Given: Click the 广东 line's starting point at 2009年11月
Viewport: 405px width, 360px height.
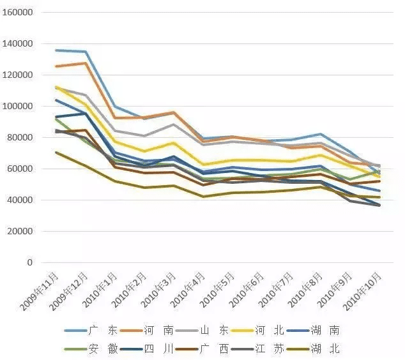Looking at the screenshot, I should click(x=56, y=50).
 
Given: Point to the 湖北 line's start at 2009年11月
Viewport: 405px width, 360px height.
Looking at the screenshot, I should click(x=56, y=152).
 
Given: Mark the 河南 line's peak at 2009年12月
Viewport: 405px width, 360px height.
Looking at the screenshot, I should click(x=86, y=63).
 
